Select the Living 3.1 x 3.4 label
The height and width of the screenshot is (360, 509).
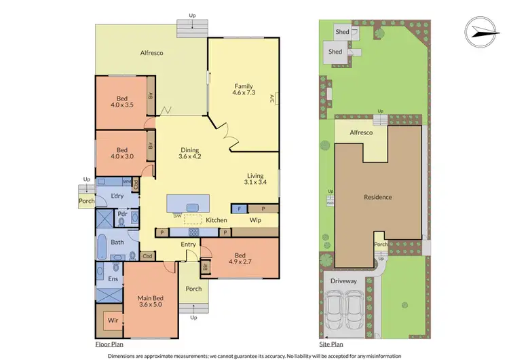point(257,177)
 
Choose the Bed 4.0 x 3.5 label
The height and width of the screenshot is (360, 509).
point(122,100)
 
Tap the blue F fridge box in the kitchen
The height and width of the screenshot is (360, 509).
point(240,209)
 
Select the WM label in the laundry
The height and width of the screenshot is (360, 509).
point(126,182)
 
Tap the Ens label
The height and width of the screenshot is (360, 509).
point(113,279)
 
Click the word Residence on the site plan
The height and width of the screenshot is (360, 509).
point(378,198)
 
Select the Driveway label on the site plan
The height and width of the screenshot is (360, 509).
point(343,280)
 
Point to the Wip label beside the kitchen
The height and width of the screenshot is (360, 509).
point(256,220)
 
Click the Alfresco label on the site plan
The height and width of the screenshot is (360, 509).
point(361,133)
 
